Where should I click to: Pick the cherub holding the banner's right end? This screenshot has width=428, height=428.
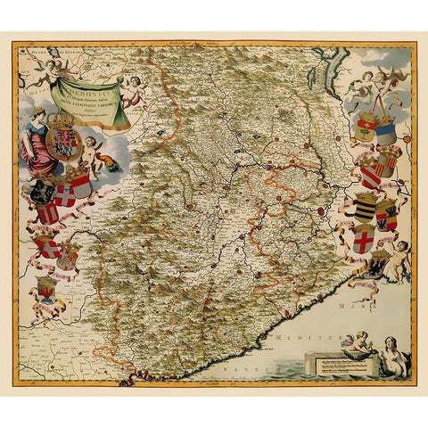tap(133, 90)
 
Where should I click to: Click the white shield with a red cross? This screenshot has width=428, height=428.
tap(363, 239)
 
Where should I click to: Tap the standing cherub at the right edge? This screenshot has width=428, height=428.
tap(400, 259)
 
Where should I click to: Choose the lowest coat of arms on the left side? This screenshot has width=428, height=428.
tap(45, 290)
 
